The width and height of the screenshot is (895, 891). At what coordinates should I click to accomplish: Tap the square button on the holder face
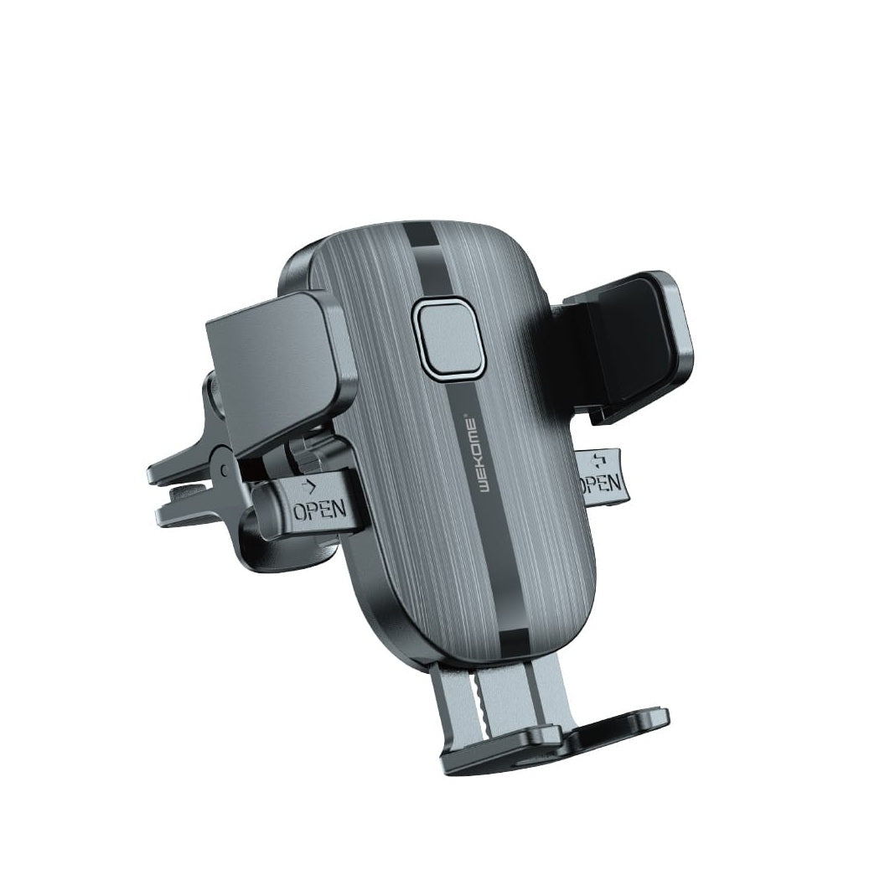tap(448, 339)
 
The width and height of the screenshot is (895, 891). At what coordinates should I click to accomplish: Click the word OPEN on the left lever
tap(320, 509)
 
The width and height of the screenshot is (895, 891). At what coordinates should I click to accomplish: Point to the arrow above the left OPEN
tap(312, 486)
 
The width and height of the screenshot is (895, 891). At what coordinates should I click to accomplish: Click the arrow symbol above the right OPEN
tap(598, 461)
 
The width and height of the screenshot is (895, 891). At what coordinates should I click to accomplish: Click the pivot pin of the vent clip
tap(224, 469)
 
